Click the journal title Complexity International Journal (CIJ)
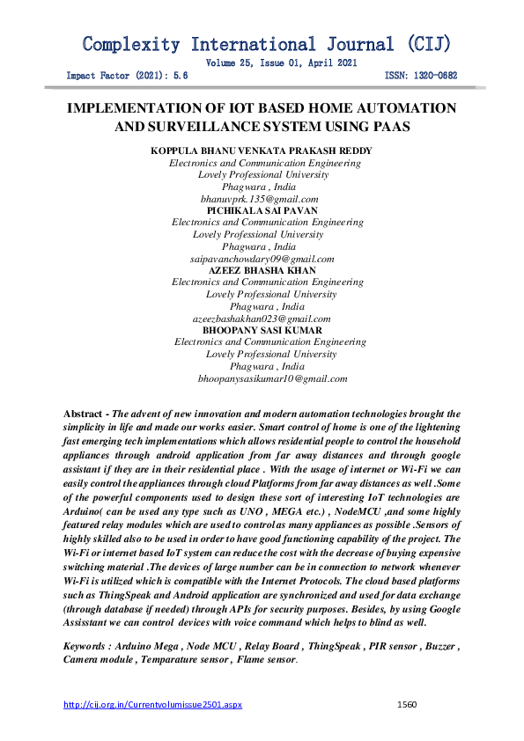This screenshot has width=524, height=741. [x=266, y=44]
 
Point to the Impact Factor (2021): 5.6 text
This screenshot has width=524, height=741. [x=128, y=77]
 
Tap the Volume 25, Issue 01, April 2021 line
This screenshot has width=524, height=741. [x=281, y=63]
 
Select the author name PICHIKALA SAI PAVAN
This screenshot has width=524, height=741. [x=262, y=211]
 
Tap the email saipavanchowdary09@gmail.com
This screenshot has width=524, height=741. [x=262, y=259]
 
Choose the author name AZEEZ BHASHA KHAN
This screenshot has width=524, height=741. [x=262, y=271]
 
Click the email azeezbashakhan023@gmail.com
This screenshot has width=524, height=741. [x=262, y=319]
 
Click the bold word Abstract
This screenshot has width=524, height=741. [x=85, y=414]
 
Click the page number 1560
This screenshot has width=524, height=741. [x=406, y=705]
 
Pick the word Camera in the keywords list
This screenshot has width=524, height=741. [x=84, y=659]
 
